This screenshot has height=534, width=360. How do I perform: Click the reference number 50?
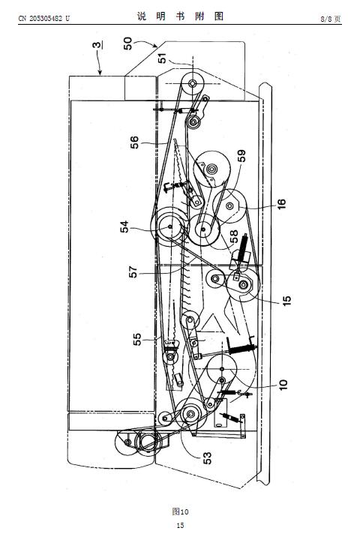pos(128,43)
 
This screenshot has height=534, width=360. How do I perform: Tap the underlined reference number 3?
pos(97,45)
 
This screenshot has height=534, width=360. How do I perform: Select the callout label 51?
pos(163,58)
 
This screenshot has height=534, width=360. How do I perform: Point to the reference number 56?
pos(134,142)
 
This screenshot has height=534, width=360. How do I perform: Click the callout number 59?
pos(241,156)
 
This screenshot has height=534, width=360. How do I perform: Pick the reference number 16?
pos(282,204)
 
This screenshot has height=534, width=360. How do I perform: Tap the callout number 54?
pos(124,226)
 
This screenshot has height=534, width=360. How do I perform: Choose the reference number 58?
pos(234,237)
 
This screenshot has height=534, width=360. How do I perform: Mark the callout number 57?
pos(133,271)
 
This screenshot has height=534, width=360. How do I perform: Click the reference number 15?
pos(286,300)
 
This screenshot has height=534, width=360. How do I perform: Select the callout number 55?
pos(136,339)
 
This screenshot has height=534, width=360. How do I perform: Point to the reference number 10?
pos(283,385)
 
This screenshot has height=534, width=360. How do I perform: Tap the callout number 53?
pos(207,458)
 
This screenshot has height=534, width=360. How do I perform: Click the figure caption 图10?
pos(180,511)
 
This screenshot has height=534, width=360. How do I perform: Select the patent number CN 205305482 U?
pos(43,19)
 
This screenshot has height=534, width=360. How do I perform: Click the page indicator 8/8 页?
pos(330,19)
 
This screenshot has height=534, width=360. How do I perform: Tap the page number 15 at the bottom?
pos(180,526)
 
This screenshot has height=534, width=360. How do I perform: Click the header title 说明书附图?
pos(180,16)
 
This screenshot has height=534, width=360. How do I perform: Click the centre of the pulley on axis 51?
pos(193,82)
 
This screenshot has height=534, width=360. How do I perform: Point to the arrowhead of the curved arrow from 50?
pos(156,46)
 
